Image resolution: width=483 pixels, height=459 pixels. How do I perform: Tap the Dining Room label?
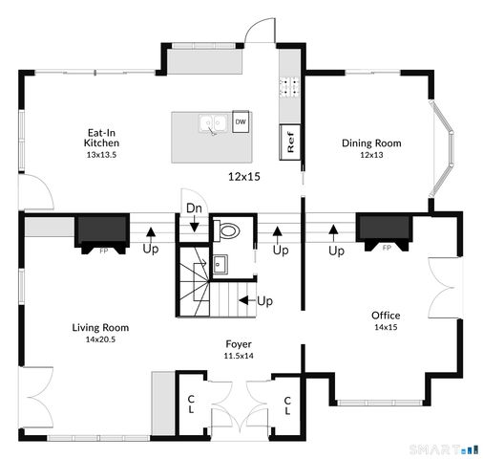pos(371,144)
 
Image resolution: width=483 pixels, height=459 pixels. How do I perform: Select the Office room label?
pos(386,316)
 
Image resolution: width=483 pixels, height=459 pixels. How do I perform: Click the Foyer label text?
pos(239,344)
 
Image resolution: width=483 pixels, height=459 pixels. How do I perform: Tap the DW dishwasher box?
pos(241,122)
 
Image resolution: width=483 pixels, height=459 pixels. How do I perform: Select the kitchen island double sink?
pos(213,123)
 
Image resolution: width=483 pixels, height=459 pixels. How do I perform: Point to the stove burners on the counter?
pos(288,89)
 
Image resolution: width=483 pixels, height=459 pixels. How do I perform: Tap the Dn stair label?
pos(194,208)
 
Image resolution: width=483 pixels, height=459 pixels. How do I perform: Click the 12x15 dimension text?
pos(244,176)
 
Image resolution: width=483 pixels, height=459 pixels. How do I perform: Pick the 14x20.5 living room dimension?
pos(100,339)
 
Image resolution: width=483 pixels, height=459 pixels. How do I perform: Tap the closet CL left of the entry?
pos(191,404)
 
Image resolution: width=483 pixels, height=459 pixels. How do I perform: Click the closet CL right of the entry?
pos(287,404)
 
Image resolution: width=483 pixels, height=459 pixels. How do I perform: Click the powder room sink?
pos(220,263)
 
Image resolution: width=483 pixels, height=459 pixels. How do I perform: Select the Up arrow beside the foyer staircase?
pos(255,300)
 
